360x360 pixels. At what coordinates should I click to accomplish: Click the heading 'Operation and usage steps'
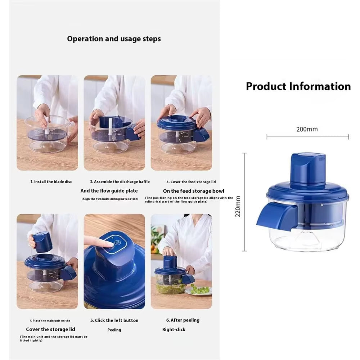pyautogui.click(x=114, y=39)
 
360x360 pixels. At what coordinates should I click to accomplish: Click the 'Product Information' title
pyautogui.click(x=298, y=86)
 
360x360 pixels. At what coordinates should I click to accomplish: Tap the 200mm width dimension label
pyautogui.click(x=307, y=129)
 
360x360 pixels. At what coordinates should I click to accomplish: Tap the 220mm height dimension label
pyautogui.click(x=238, y=206)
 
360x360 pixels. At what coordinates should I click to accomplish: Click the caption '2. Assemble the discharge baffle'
pyautogui.click(x=120, y=182)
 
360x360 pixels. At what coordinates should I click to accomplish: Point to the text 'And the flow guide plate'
pyautogui.click(x=109, y=191)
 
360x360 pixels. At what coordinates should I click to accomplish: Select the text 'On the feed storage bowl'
pyautogui.click(x=193, y=191)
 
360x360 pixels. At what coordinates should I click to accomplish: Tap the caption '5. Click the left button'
pyautogui.click(x=114, y=320)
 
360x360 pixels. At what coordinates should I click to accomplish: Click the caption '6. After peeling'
pyautogui.click(x=183, y=320)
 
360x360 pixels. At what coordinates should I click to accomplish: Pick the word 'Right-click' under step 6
pyautogui.click(x=174, y=329)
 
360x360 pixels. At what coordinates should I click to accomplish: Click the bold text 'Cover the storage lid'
pyautogui.click(x=50, y=329)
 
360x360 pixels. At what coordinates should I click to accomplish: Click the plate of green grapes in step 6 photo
pyautogui.click(x=199, y=289)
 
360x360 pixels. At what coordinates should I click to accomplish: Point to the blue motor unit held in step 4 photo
pyautogui.click(x=42, y=242)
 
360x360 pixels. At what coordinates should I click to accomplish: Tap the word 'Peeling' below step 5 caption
pyautogui.click(x=114, y=330)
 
